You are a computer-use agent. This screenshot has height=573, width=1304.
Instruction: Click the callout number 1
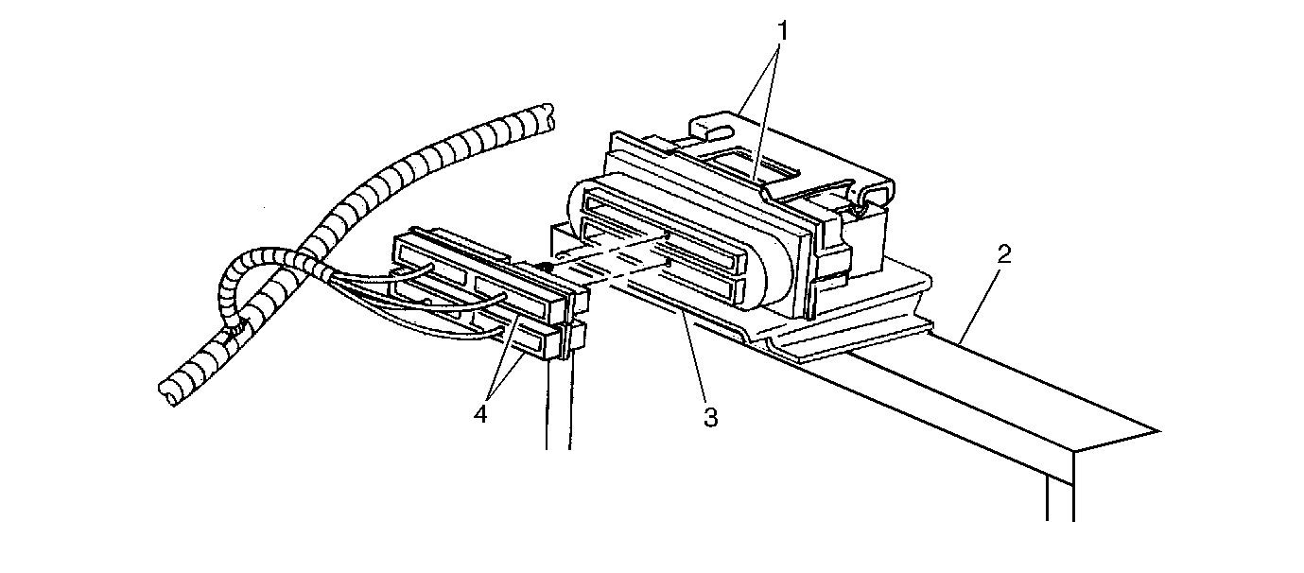[x=783, y=31]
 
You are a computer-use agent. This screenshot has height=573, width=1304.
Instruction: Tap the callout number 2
[x=1003, y=254]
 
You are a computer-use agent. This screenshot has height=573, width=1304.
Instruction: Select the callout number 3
[x=710, y=417]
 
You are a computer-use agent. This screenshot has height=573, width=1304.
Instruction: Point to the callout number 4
[x=480, y=414]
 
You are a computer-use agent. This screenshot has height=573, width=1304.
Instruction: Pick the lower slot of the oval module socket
[x=664, y=269]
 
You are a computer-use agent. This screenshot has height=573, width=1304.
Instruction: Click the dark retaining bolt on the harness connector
[x=546, y=268]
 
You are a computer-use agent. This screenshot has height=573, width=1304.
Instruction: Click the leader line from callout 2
[x=981, y=304]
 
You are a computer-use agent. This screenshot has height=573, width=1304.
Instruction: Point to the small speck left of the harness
[x=264, y=207]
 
